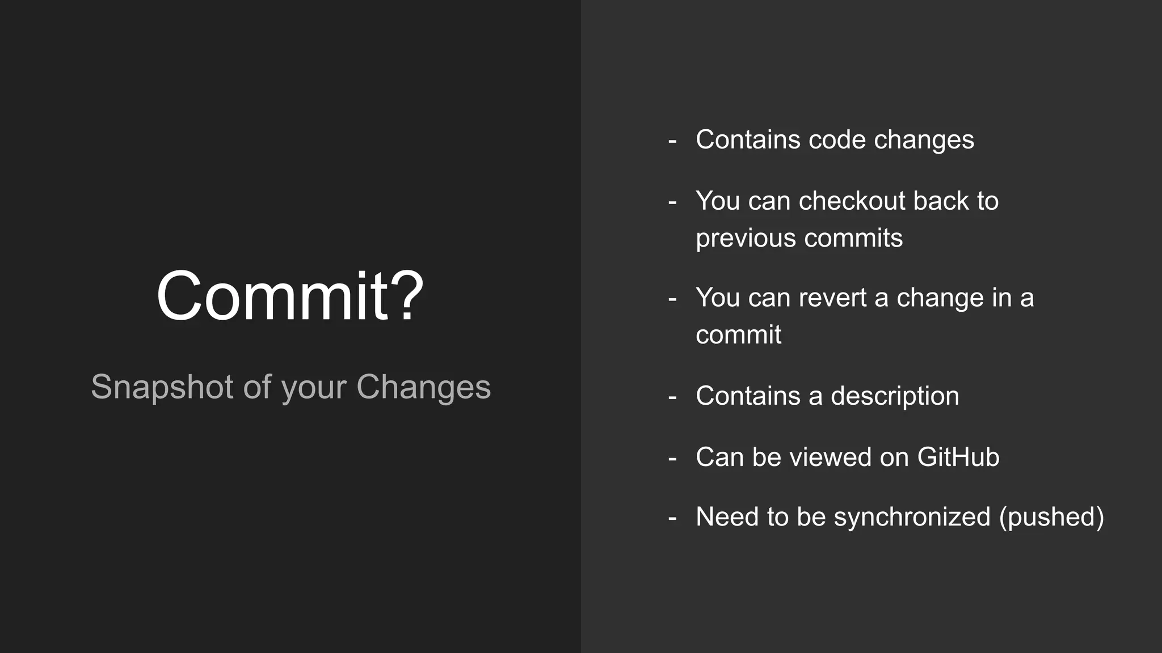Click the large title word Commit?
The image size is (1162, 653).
tap(289, 296)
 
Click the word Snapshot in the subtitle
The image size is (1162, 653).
tap(162, 388)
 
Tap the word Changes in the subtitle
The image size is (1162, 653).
tap(423, 388)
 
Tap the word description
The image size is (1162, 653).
tap(895, 396)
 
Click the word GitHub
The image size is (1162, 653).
tap(958, 457)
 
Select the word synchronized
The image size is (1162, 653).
tap(912, 518)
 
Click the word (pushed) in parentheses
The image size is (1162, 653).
tap(1051, 518)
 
